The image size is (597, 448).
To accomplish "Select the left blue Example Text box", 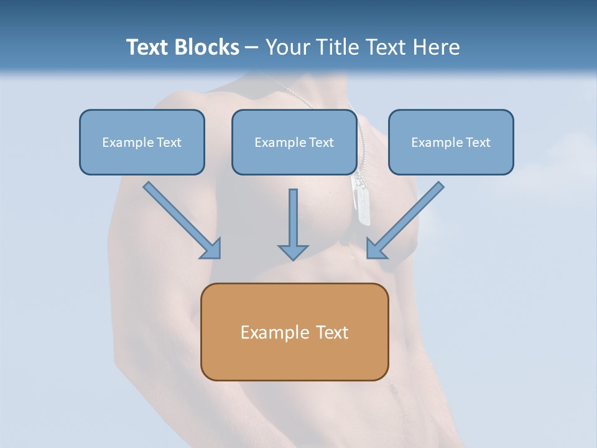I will (142, 142).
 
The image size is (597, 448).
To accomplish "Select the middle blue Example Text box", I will (294, 142).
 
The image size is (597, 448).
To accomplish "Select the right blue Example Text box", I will (451, 142).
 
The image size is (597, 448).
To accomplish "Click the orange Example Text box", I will (294, 332).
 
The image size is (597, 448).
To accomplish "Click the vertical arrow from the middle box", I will (293, 218).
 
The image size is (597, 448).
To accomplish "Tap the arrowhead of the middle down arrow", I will (293, 252).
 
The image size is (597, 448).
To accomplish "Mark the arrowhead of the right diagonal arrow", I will (377, 248).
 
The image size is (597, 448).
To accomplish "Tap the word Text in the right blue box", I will (478, 142).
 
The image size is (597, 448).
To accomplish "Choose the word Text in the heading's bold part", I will (147, 47).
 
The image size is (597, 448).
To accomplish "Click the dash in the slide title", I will (252, 48).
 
